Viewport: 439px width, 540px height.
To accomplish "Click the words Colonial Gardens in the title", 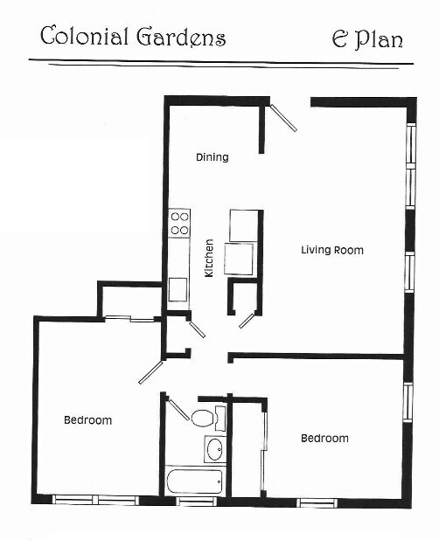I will click(x=133, y=37).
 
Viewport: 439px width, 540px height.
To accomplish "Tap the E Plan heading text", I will click(x=366, y=38).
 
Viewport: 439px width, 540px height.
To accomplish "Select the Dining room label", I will click(x=212, y=157).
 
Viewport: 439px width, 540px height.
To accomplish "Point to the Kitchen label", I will click(x=209, y=259).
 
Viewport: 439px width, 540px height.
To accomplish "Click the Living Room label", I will click(x=331, y=250).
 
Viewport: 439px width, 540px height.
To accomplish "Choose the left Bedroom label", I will click(x=87, y=420).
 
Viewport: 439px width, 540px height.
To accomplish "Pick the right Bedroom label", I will click(x=324, y=439).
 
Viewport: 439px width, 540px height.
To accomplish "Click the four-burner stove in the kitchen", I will click(x=180, y=223).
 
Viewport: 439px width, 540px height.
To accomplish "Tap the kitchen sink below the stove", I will click(x=178, y=288).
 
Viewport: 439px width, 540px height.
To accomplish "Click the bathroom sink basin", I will click(x=213, y=450).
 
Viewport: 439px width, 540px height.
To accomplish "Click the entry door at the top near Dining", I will click(x=283, y=118).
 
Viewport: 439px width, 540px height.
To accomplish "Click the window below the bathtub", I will click(x=196, y=502).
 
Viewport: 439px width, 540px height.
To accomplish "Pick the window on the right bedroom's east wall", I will click(x=407, y=401).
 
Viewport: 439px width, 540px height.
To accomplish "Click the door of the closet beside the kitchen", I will click(x=247, y=320).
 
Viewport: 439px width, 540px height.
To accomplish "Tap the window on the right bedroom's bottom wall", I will click(x=316, y=502).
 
